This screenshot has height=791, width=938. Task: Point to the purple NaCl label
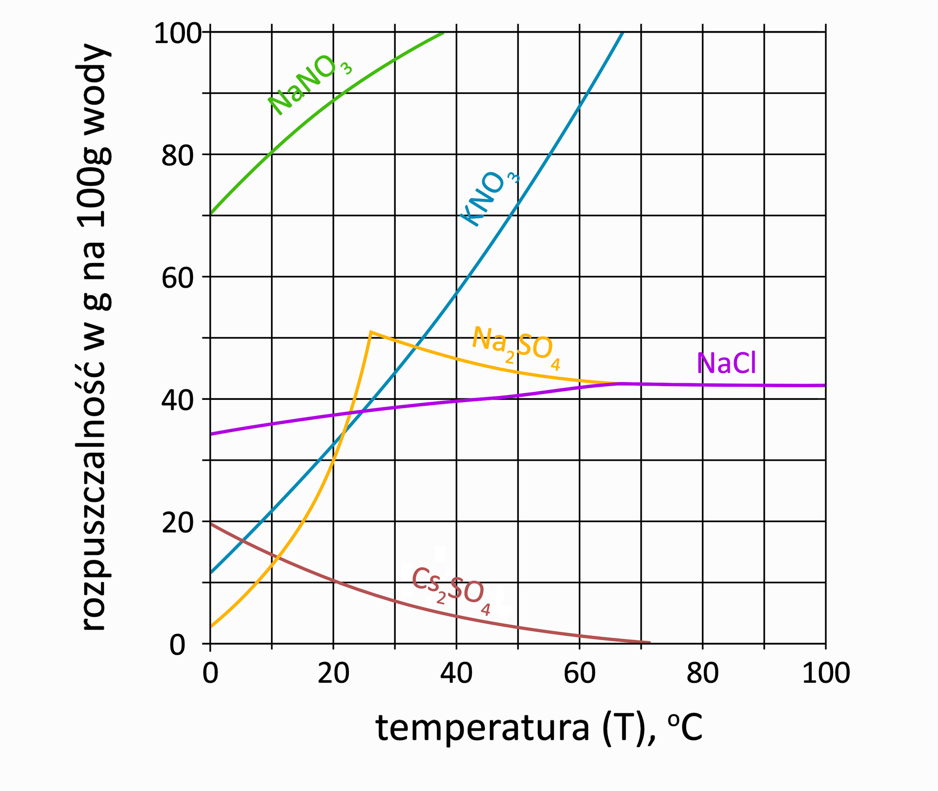tap(726, 363)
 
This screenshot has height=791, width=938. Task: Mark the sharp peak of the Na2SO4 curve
tap(371, 332)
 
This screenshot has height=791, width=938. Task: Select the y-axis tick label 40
tap(179, 400)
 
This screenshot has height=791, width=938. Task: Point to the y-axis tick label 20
tap(179, 523)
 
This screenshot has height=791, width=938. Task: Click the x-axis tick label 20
tap(333, 673)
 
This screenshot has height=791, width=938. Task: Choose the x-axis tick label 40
tap(456, 673)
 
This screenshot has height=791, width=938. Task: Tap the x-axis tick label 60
tap(579, 673)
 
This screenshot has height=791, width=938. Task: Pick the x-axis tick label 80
tap(703, 673)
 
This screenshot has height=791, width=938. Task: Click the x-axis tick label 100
tap(825, 673)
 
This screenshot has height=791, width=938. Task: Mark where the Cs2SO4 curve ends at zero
tap(649, 643)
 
